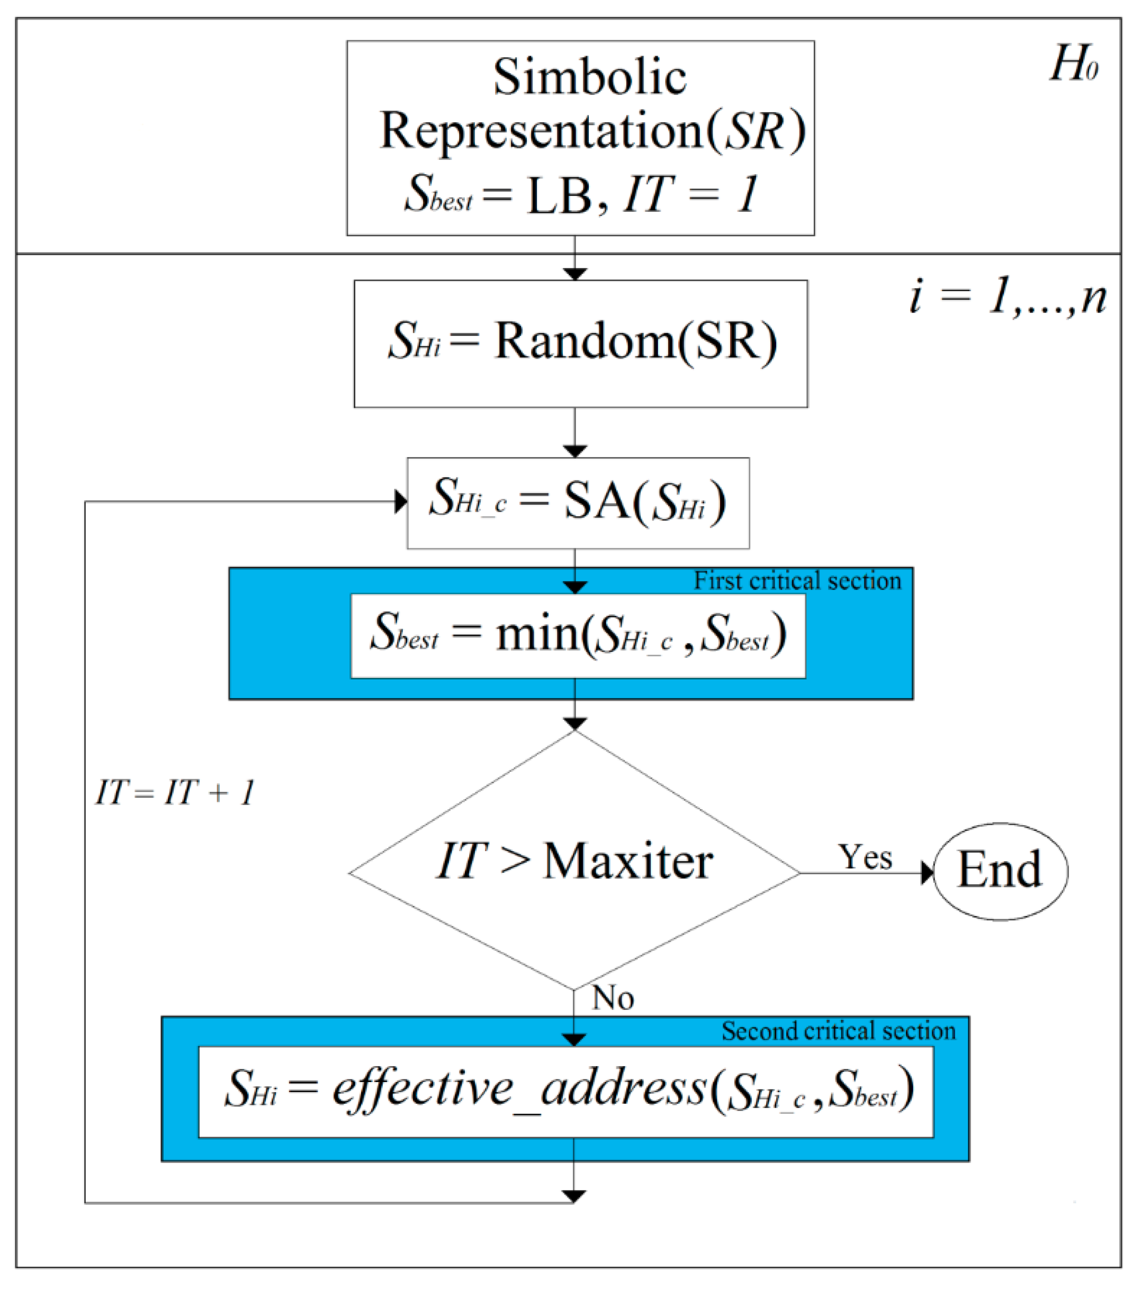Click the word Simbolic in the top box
(589, 77)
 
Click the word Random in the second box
(584, 342)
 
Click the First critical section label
(797, 580)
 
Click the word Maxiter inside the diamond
(628, 862)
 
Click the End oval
(1000, 871)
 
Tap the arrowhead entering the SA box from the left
(400, 502)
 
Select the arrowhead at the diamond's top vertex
(574, 724)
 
